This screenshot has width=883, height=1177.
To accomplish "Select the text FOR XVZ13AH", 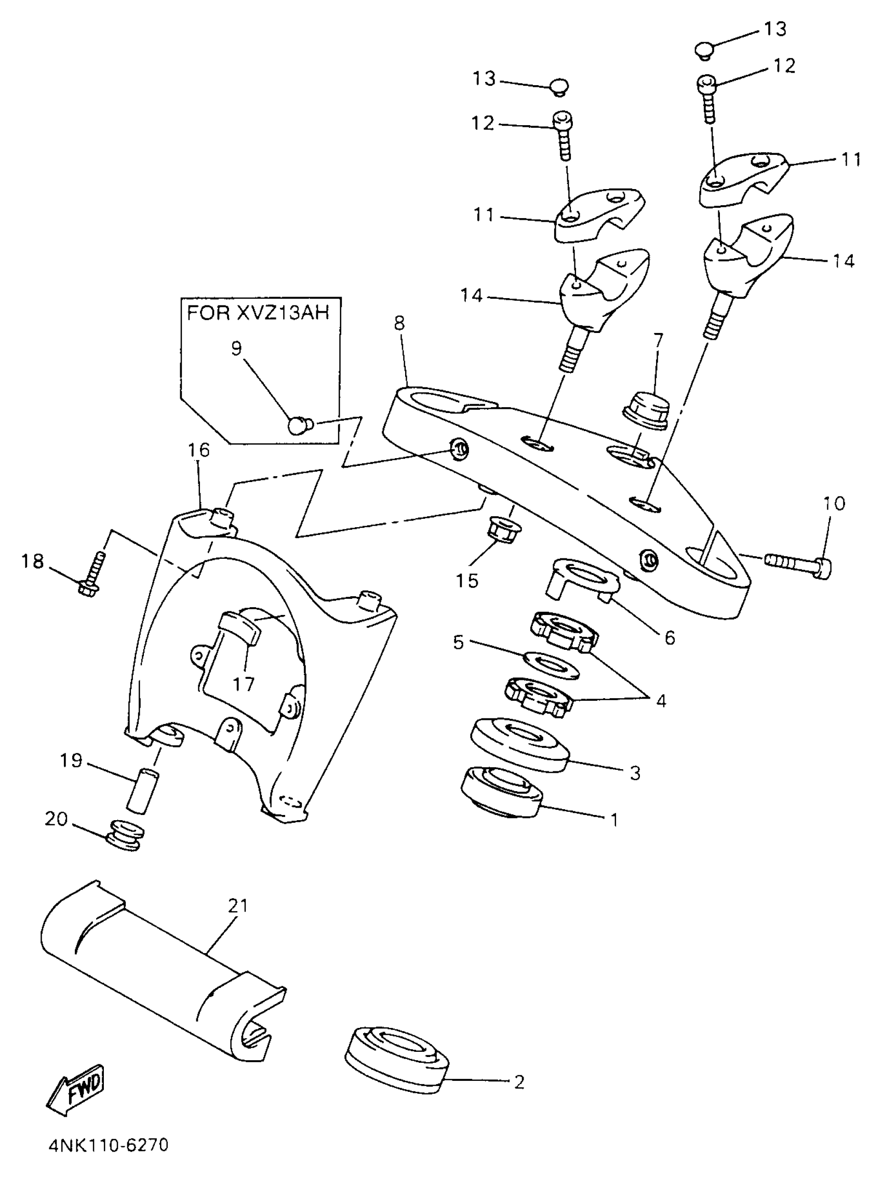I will pyautogui.click(x=258, y=312).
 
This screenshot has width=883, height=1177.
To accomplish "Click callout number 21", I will pyautogui.click(x=237, y=905).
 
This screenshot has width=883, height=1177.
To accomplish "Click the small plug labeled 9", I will pyautogui.click(x=300, y=424).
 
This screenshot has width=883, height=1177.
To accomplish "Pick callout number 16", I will pyautogui.click(x=198, y=450).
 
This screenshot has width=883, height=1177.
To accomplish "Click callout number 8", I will pyautogui.click(x=399, y=323).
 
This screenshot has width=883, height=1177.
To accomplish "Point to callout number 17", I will pyautogui.click(x=244, y=684).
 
